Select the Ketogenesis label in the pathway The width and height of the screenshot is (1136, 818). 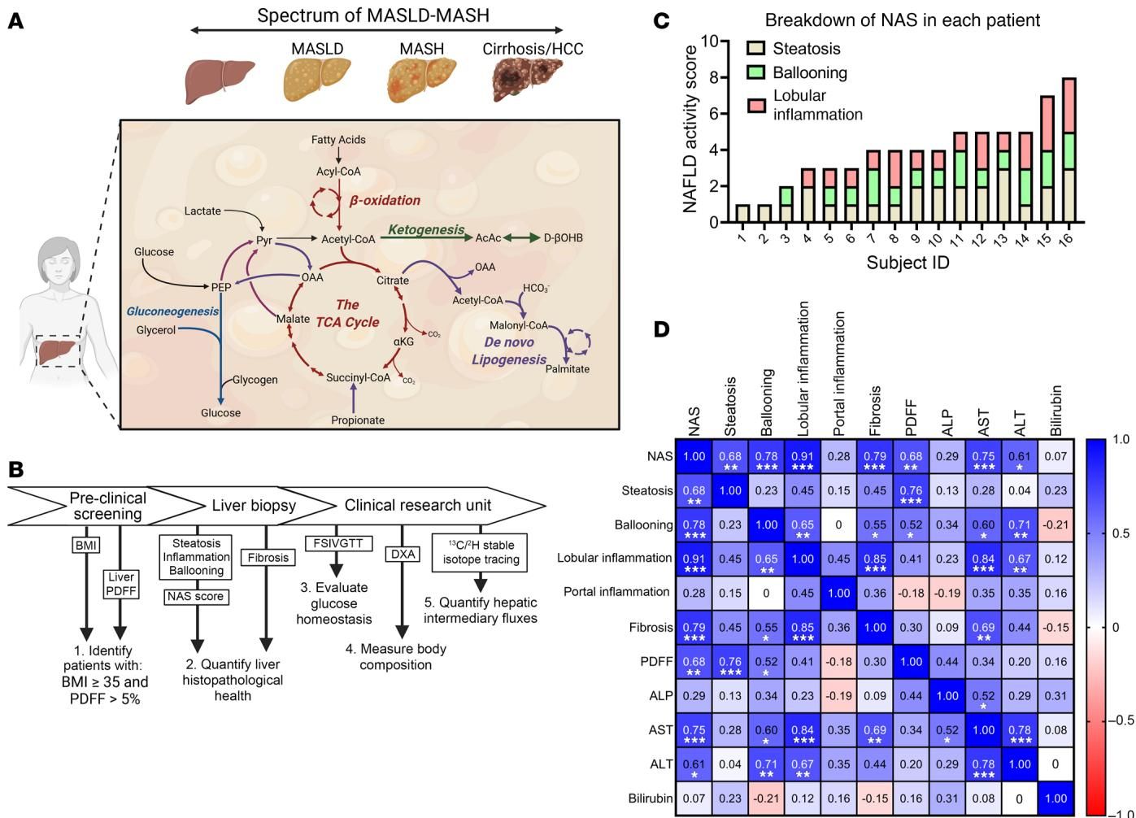(426, 230)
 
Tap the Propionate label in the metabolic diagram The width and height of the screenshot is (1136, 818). (358, 420)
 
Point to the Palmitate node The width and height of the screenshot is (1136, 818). (567, 369)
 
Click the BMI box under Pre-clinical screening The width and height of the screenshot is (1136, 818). (85, 546)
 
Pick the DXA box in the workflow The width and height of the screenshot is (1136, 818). (402, 555)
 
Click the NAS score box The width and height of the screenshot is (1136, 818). (195, 597)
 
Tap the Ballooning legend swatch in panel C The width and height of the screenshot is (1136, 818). (756, 72)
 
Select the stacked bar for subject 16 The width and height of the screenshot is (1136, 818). (1069, 150)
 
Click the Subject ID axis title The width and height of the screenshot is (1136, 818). (907, 263)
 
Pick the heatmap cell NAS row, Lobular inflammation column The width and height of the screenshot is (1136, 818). (803, 457)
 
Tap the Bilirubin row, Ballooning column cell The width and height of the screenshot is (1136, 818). (766, 798)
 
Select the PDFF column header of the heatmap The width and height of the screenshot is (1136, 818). (912, 417)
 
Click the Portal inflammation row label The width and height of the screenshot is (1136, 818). (616, 592)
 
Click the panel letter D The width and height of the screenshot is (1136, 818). (662, 329)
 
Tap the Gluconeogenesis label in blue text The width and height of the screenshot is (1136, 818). (172, 311)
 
